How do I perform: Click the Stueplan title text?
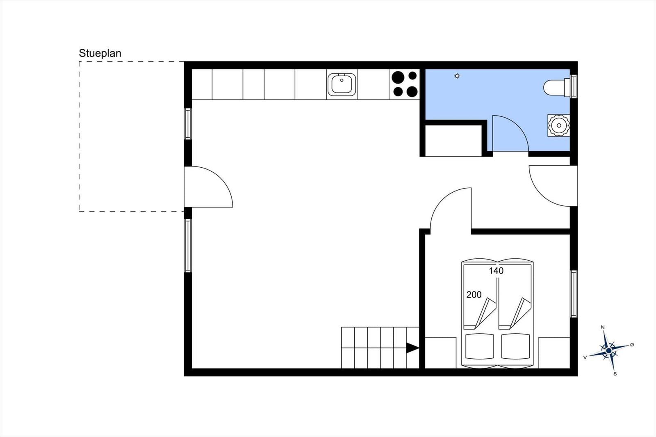pos(100,53)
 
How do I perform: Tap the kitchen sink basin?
pos(342,84)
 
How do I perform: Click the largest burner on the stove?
pos(398,77)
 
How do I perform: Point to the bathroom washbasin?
pos(559,126)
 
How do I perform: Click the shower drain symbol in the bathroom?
pos(457,76)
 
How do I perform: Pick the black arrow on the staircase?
pos(412,348)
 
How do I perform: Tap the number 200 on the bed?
pos(474,295)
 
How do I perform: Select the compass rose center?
pos(609,351)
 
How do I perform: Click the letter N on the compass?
pos(603,327)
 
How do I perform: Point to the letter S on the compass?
pos(615,374)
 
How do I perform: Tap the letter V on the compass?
pos(585,357)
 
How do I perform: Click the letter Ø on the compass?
pos(632,345)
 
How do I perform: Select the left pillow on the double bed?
pos(480,346)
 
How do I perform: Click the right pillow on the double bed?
pos(515,346)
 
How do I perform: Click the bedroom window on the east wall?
pos(574,294)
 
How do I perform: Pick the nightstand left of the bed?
pos(440,353)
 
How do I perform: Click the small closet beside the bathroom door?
pos(453,141)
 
